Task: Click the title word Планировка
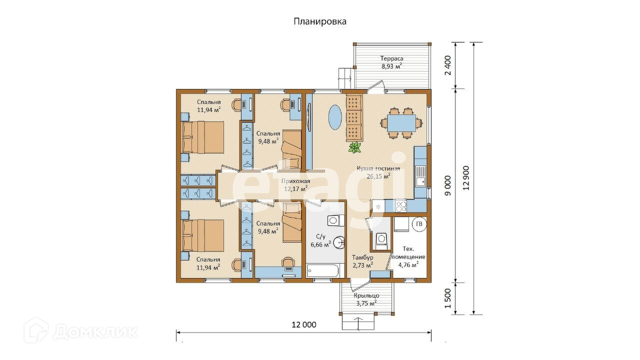tap(319, 21)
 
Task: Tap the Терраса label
tap(391, 58)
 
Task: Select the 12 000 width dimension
tap(303, 324)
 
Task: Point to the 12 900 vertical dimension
tap(467, 178)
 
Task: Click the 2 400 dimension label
tap(448, 65)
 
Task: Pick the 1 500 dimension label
tap(448, 298)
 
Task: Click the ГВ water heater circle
tap(419, 224)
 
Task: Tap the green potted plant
tap(355, 147)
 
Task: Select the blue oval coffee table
tap(335, 117)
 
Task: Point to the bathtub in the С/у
tap(322, 271)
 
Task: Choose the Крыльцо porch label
tap(366, 295)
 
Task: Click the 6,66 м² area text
tap(320, 244)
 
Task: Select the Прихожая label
tap(296, 181)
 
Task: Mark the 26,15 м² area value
tap(378, 176)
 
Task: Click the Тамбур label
tap(362, 257)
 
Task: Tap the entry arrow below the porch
tap(358, 322)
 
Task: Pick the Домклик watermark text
tap(95, 331)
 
